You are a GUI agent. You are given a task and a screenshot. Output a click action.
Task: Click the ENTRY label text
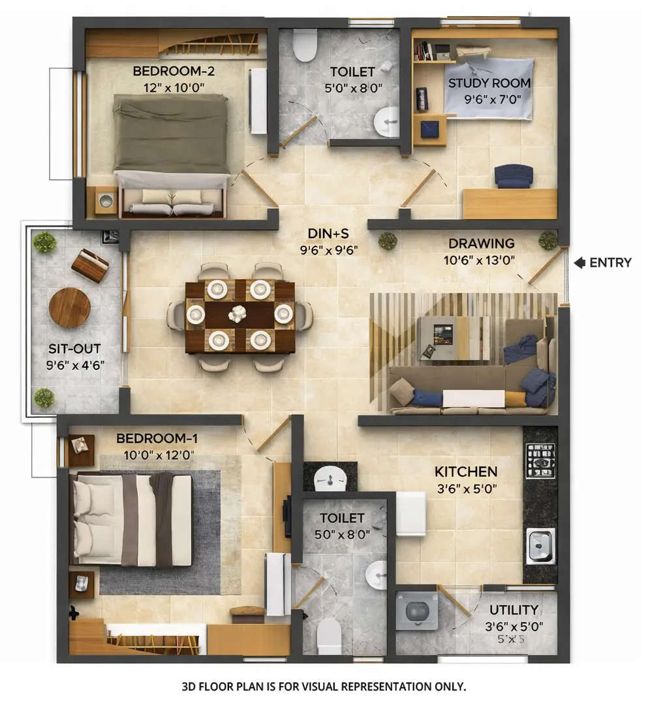pos(610,263)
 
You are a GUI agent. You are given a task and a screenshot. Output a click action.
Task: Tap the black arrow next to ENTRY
pos(579,263)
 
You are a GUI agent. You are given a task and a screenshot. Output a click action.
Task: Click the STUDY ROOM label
pos(489,83)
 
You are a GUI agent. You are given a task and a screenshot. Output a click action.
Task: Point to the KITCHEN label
pos(466,472)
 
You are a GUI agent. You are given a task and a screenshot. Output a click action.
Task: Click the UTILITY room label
pos(514,611)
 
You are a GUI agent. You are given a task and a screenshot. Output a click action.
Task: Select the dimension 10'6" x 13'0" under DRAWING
pos(482,259)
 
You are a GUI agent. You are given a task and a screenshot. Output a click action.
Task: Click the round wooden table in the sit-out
pos(70,308)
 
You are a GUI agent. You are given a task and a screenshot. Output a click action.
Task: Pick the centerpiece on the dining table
pos(238,314)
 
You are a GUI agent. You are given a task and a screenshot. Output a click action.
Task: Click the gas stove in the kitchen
pos(540,460)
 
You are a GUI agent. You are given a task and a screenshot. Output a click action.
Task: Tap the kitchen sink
pos(540,545)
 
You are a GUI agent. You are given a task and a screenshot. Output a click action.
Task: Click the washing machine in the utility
pos(416,611)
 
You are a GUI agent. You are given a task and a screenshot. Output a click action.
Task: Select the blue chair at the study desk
pos(514,175)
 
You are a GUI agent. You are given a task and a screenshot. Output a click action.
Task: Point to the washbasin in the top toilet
pos(386,122)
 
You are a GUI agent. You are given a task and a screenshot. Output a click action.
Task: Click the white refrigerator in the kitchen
pos(411,513)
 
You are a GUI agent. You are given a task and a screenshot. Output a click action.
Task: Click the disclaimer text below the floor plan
pos(324,687)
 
